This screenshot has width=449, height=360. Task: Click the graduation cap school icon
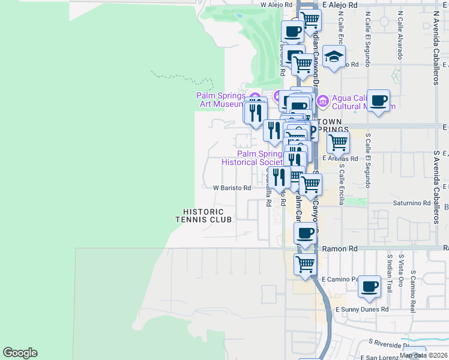click(x=334, y=57)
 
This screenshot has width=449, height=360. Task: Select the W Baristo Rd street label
click(x=232, y=188)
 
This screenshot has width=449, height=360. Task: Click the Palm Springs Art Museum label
click(x=220, y=100)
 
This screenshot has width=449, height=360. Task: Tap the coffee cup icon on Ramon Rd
click(x=306, y=233)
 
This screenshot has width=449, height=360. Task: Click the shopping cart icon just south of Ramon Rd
click(x=306, y=263)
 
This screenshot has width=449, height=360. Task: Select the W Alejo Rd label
click(x=276, y=4)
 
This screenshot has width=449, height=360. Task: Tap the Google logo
click(x=20, y=353)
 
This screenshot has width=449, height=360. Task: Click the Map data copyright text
click(x=424, y=355)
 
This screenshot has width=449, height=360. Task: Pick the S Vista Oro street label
click(x=400, y=273)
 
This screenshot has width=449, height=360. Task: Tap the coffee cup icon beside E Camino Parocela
click(x=370, y=286)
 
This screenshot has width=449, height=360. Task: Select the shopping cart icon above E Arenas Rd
click(x=338, y=143)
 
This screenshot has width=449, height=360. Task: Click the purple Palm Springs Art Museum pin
click(x=254, y=98)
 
